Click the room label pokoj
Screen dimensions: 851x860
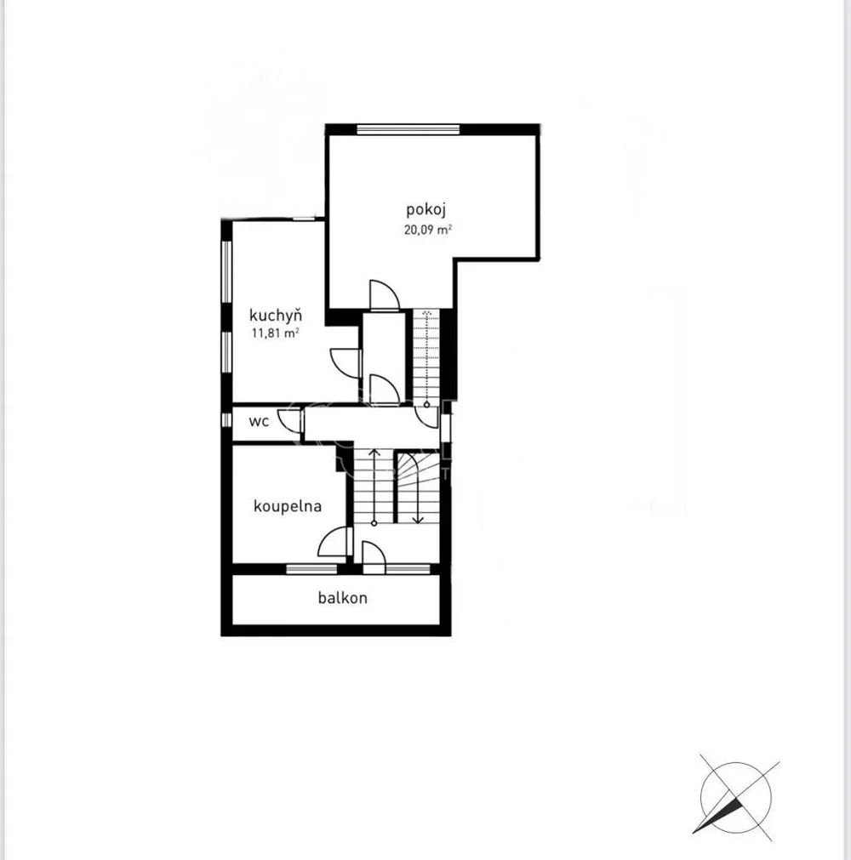point(425,210)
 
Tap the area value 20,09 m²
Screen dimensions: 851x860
point(428,230)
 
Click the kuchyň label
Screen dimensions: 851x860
point(276,316)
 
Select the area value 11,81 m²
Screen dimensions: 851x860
point(276,333)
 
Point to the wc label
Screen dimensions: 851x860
point(259,421)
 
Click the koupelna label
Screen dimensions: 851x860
point(288,506)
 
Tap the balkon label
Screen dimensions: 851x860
point(342,598)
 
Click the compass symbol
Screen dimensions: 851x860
point(736,799)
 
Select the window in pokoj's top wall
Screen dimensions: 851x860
point(408,129)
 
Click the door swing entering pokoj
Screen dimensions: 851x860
point(384,295)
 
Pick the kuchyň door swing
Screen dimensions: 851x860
point(346,362)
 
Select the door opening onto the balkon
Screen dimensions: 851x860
point(374,557)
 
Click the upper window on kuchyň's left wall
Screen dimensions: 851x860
point(226,271)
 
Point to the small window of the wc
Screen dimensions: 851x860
point(226,420)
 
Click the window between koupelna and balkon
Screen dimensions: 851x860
point(311,569)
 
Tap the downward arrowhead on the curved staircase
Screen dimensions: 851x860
point(418,520)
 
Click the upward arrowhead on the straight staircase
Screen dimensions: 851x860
point(374,453)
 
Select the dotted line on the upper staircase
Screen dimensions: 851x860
point(427,356)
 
